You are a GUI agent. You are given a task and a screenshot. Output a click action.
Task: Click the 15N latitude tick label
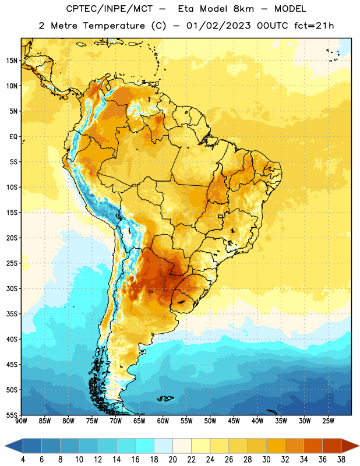pos(12,61)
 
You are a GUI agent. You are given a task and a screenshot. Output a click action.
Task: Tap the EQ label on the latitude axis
pos(13,137)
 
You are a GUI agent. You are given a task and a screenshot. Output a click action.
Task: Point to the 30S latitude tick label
pos(12,288)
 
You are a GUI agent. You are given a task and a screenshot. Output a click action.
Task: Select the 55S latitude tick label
pos(12,415)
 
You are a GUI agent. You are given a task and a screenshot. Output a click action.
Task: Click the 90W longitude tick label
pos(21,421)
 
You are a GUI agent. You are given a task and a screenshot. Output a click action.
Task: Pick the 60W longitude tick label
pos(163,421)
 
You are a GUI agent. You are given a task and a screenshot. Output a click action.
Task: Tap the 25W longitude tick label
pos(328,421)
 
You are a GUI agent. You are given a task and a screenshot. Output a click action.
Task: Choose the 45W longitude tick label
pos(234,421)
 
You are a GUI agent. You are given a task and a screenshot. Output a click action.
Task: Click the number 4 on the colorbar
pos(23,460)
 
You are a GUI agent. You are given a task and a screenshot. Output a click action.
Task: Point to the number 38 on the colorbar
pos(341,460)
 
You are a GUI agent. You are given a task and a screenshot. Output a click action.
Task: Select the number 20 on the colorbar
pos(172,460)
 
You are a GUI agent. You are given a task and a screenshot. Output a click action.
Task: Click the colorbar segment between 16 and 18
pos(144,446)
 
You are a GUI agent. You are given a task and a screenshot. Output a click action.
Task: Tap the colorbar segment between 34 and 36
pos(313,446)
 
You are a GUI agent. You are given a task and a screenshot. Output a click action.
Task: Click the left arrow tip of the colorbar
pos(5,446)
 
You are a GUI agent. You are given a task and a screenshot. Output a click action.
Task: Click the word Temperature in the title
pos(114,26)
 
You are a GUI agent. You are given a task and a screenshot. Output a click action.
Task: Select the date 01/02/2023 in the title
pos(218,26)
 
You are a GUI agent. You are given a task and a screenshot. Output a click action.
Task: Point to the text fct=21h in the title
pos(314,26)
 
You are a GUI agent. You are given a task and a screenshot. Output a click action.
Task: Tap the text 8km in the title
pos(243,9)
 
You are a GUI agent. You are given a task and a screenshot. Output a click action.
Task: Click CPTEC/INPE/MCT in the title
pos(109,9)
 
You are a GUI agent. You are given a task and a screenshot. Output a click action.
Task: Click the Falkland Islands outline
pos(165,398)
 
